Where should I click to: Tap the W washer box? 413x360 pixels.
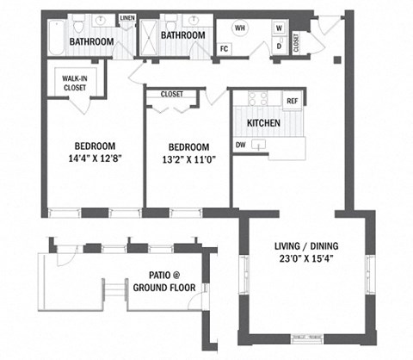279,28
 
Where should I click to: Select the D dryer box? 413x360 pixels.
279,47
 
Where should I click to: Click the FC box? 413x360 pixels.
225,48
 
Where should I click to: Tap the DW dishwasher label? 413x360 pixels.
241,145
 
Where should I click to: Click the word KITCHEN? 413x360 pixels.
262,123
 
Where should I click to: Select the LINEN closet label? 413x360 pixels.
127,17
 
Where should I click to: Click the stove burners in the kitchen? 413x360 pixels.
258,97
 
